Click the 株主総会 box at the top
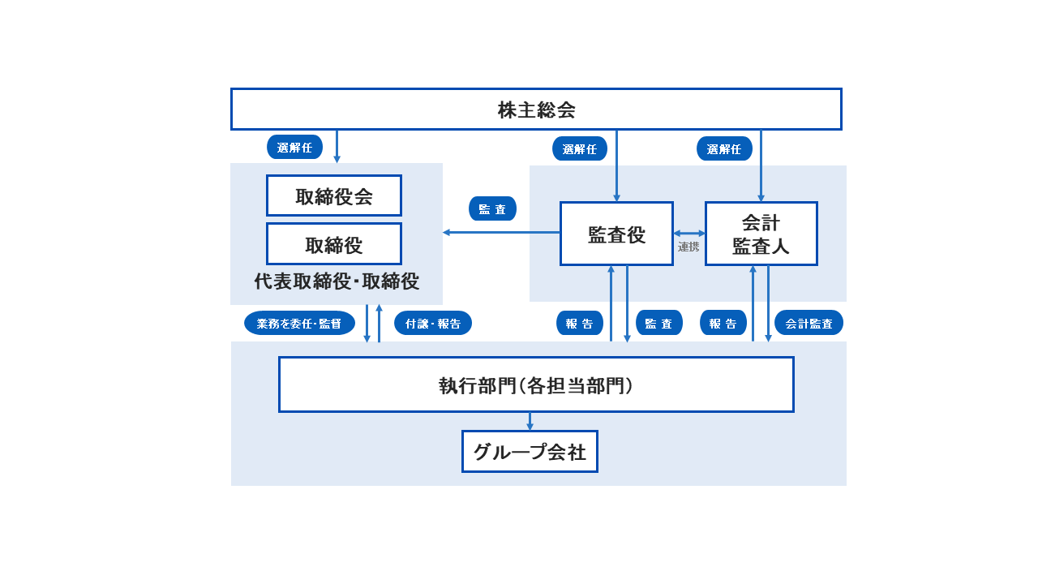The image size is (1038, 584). tap(536, 109)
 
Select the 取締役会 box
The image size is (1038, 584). tap(334, 196)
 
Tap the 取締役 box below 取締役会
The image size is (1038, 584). tap(334, 244)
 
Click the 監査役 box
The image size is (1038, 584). tap(616, 234)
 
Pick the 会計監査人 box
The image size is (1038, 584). tap(761, 234)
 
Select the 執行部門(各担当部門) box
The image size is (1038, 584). tap(536, 385)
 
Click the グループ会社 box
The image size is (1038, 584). tap(530, 452)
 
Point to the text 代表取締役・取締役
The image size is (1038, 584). tap(337, 281)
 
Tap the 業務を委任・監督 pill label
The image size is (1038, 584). tap(299, 323)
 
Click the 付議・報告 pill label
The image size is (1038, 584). tap(433, 323)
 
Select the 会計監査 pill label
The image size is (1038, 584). tap(809, 323)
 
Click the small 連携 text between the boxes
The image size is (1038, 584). tap(688, 247)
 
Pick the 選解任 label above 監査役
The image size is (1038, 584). tap(580, 148)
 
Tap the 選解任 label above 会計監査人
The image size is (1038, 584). tap(724, 148)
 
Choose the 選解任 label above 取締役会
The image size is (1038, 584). tap(294, 147)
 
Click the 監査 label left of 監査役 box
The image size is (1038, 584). tap(492, 208)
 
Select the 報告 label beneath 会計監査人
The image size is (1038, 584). tap(723, 323)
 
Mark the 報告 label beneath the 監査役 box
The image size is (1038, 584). tap(580, 323)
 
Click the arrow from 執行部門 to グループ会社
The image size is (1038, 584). tap(530, 422)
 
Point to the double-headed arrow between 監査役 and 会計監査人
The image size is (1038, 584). tap(689, 234)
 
